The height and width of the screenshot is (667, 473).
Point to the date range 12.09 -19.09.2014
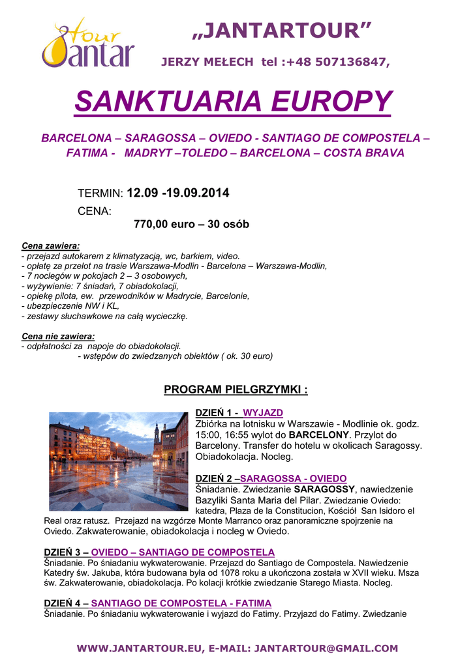tap(178, 193)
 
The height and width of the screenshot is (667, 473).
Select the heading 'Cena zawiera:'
tap(51, 246)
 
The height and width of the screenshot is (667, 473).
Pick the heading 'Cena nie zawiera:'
tap(58, 336)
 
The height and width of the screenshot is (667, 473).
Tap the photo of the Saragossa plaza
tap(118, 461)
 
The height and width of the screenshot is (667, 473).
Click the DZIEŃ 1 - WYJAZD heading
tap(239, 413)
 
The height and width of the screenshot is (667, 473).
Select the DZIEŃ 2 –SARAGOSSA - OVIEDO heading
tap(271, 478)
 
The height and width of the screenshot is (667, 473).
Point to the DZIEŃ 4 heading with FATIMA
tap(157, 603)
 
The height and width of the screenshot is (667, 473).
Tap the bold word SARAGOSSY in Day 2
tap(324, 489)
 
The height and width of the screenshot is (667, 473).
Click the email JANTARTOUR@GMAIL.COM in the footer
tap(326, 648)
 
